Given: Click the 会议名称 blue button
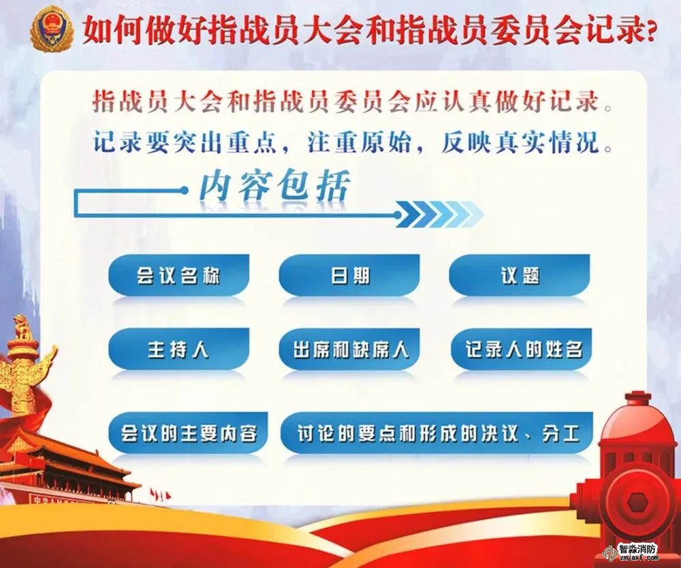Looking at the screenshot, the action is tap(178, 275).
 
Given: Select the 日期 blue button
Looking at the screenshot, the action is tap(349, 275).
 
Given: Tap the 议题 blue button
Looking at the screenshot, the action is tap(520, 275).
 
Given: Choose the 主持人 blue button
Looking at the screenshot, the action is tap(178, 349).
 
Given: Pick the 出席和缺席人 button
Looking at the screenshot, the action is tap(349, 349).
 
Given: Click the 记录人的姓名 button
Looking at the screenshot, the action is tap(521, 349).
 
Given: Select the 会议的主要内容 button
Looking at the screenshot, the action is tap(188, 433).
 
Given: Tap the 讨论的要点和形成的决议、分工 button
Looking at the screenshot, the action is tap(437, 433).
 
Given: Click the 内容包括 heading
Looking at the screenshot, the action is tap(274, 187).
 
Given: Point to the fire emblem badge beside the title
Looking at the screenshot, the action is tap(51, 29).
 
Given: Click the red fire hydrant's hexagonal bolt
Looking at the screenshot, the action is tap(637, 502).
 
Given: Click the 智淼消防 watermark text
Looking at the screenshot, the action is tap(637, 549).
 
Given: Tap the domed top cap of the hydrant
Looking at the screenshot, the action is tap(639, 406).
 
